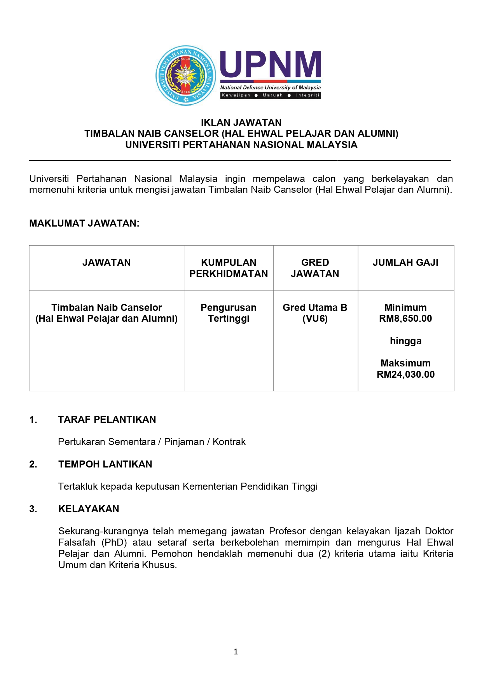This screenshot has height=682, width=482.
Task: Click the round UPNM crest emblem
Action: click(x=186, y=75)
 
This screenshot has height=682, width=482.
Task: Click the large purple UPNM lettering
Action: click(x=271, y=65)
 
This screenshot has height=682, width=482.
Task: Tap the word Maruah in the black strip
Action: click(x=272, y=95)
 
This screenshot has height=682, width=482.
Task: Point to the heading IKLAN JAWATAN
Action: click(x=241, y=122)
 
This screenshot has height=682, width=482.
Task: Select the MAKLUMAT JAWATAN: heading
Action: click(x=84, y=223)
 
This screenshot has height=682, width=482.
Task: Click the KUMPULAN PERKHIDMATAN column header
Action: click(x=229, y=268)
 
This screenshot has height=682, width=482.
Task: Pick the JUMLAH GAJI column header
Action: click(x=405, y=263)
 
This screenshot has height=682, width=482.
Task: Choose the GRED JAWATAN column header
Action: click(x=315, y=268)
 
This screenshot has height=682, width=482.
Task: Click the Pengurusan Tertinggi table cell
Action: click(x=229, y=313)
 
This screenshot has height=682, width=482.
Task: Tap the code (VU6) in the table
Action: click(x=315, y=319)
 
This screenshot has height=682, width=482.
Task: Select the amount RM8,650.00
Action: click(x=405, y=319)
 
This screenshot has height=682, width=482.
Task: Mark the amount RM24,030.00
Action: click(x=405, y=375)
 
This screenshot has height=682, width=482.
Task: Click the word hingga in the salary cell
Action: click(x=405, y=341)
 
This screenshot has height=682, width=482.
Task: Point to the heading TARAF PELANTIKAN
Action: click(x=107, y=419)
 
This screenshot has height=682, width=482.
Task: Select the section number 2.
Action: click(x=33, y=464)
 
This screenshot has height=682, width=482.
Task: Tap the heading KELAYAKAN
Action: click(x=89, y=509)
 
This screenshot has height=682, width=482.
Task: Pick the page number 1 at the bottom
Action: click(x=236, y=652)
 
